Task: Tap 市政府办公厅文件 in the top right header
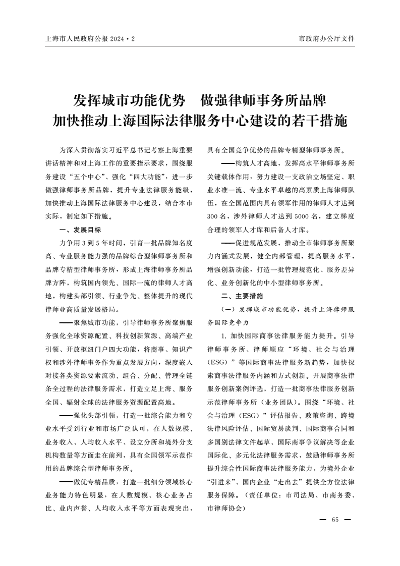327,38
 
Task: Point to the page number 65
335,520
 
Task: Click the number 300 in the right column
214,216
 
